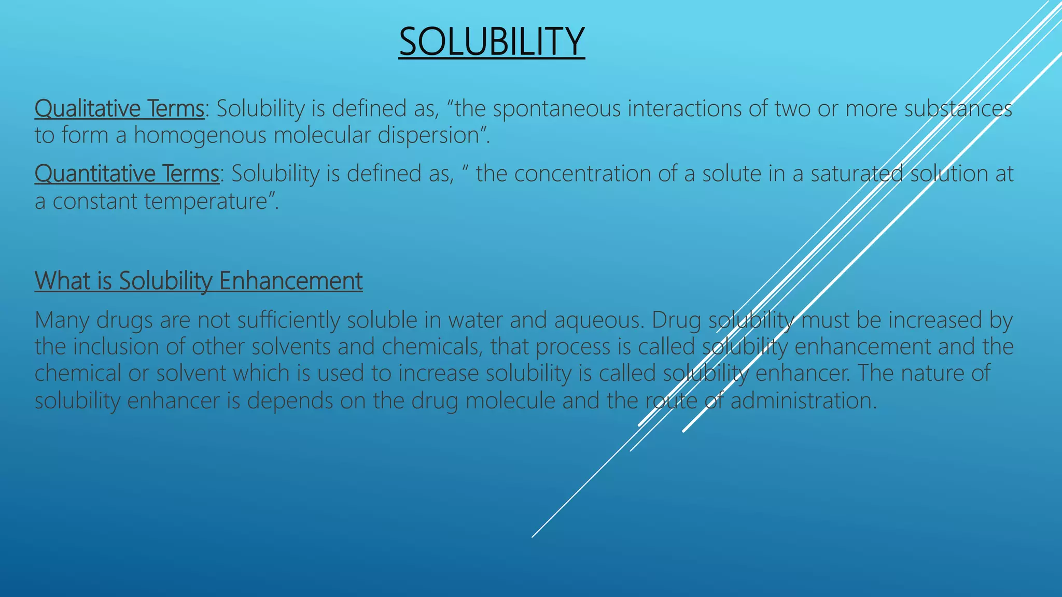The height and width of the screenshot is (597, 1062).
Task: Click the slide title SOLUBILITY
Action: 492,41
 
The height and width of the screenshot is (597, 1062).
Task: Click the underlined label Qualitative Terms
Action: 119,109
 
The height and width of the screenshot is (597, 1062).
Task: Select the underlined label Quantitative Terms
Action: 127,174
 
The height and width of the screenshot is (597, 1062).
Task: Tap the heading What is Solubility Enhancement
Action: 198,281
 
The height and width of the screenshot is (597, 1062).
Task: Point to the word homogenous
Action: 200,135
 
